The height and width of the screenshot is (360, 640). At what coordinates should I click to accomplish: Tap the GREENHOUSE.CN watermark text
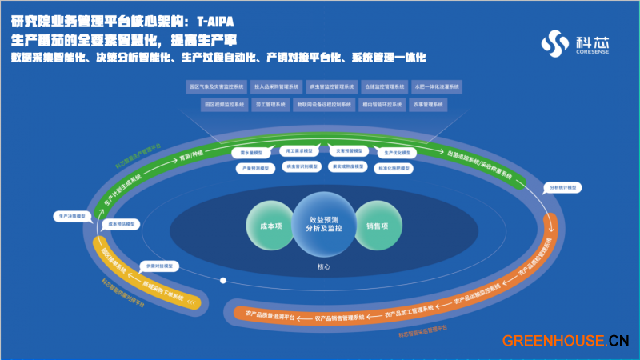coord(565,341)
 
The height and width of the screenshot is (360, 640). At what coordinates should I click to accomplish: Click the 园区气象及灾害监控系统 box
coord(215,86)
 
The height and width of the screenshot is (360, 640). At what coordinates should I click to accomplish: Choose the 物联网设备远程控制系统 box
coord(324,104)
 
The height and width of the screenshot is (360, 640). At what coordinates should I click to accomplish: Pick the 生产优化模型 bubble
coord(396,151)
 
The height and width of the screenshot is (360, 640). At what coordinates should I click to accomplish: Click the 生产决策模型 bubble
coord(70,216)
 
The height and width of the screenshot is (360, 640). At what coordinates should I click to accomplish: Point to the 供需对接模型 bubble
coord(157,265)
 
